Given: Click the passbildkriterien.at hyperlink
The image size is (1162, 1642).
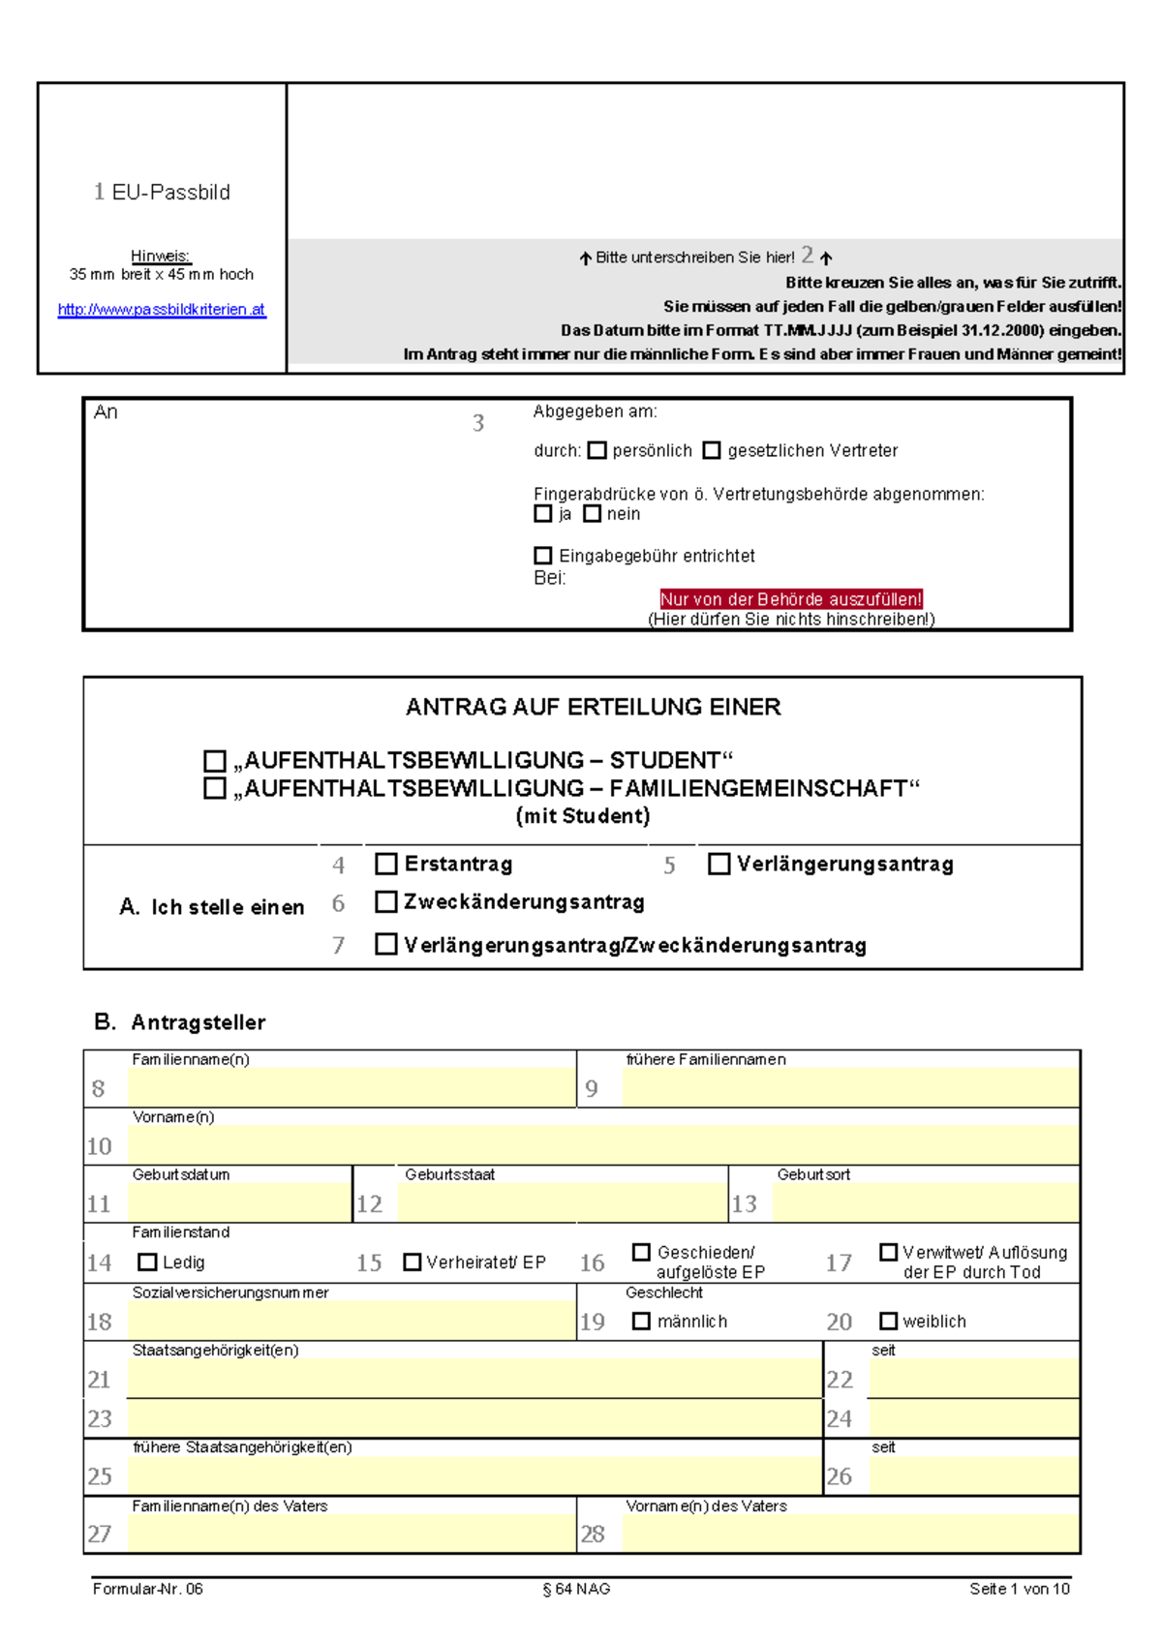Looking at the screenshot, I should click(161, 310).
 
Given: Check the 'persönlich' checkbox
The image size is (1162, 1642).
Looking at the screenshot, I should click(597, 450).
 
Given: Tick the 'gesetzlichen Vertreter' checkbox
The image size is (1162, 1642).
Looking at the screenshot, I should click(712, 450).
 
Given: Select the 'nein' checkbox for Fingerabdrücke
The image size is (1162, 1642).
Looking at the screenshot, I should click(592, 514).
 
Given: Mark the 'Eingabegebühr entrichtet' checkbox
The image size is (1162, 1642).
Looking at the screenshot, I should click(543, 556).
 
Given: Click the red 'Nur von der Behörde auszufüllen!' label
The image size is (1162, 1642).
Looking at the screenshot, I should click(790, 599).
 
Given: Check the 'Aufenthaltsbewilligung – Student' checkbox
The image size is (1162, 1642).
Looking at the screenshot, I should click(215, 761).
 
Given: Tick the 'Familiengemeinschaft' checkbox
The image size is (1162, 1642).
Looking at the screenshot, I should click(215, 788).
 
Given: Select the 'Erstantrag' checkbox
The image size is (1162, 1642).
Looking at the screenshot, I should click(386, 864).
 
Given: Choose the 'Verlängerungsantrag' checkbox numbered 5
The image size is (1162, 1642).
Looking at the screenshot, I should click(719, 864).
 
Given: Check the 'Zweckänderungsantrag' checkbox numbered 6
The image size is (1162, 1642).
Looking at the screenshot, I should click(386, 902).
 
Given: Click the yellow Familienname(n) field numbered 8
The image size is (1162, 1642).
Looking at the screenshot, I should click(351, 1088).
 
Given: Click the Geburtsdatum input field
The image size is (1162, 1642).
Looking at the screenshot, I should click(238, 1203).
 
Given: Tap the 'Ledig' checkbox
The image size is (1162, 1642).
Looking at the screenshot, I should click(147, 1262).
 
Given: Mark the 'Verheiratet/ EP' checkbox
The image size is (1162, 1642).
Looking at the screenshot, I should click(413, 1262).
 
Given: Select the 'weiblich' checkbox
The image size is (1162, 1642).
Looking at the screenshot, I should click(888, 1321).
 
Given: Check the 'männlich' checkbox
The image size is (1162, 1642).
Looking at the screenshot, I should click(641, 1321).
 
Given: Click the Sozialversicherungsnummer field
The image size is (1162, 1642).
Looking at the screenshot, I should click(351, 1322).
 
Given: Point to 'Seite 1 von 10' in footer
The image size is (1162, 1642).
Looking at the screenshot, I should click(1019, 1589).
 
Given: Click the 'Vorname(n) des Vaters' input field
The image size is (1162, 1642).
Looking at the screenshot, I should click(850, 1534).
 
